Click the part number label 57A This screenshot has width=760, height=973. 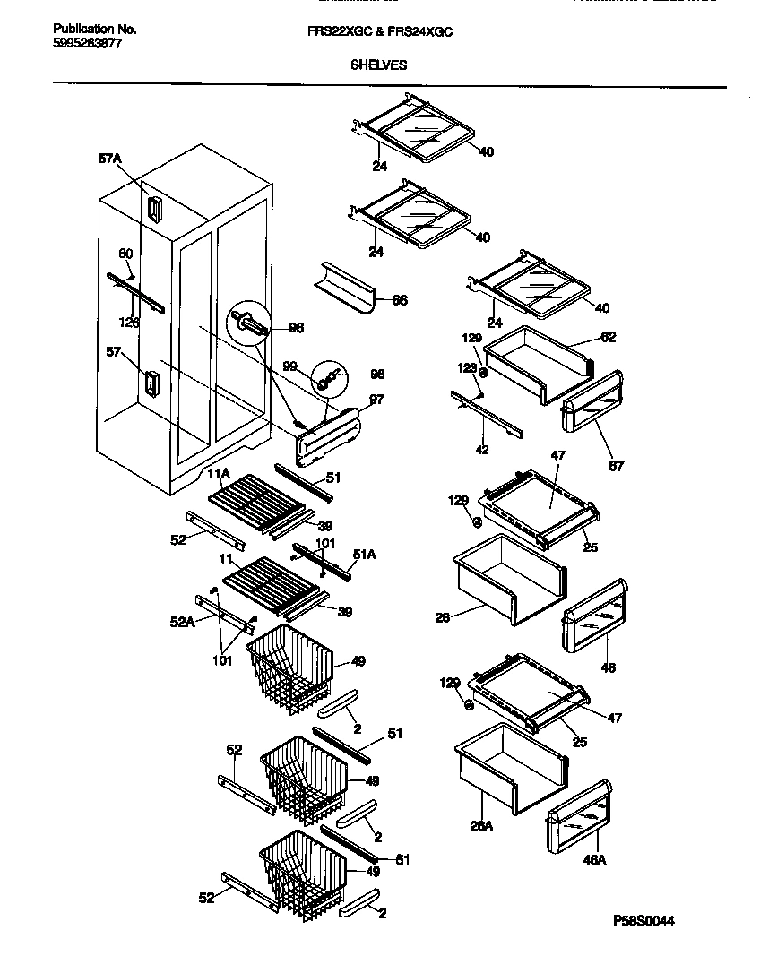point(109,159)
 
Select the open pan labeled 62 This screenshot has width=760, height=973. point(535,364)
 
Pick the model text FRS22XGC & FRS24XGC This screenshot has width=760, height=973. point(380,30)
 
